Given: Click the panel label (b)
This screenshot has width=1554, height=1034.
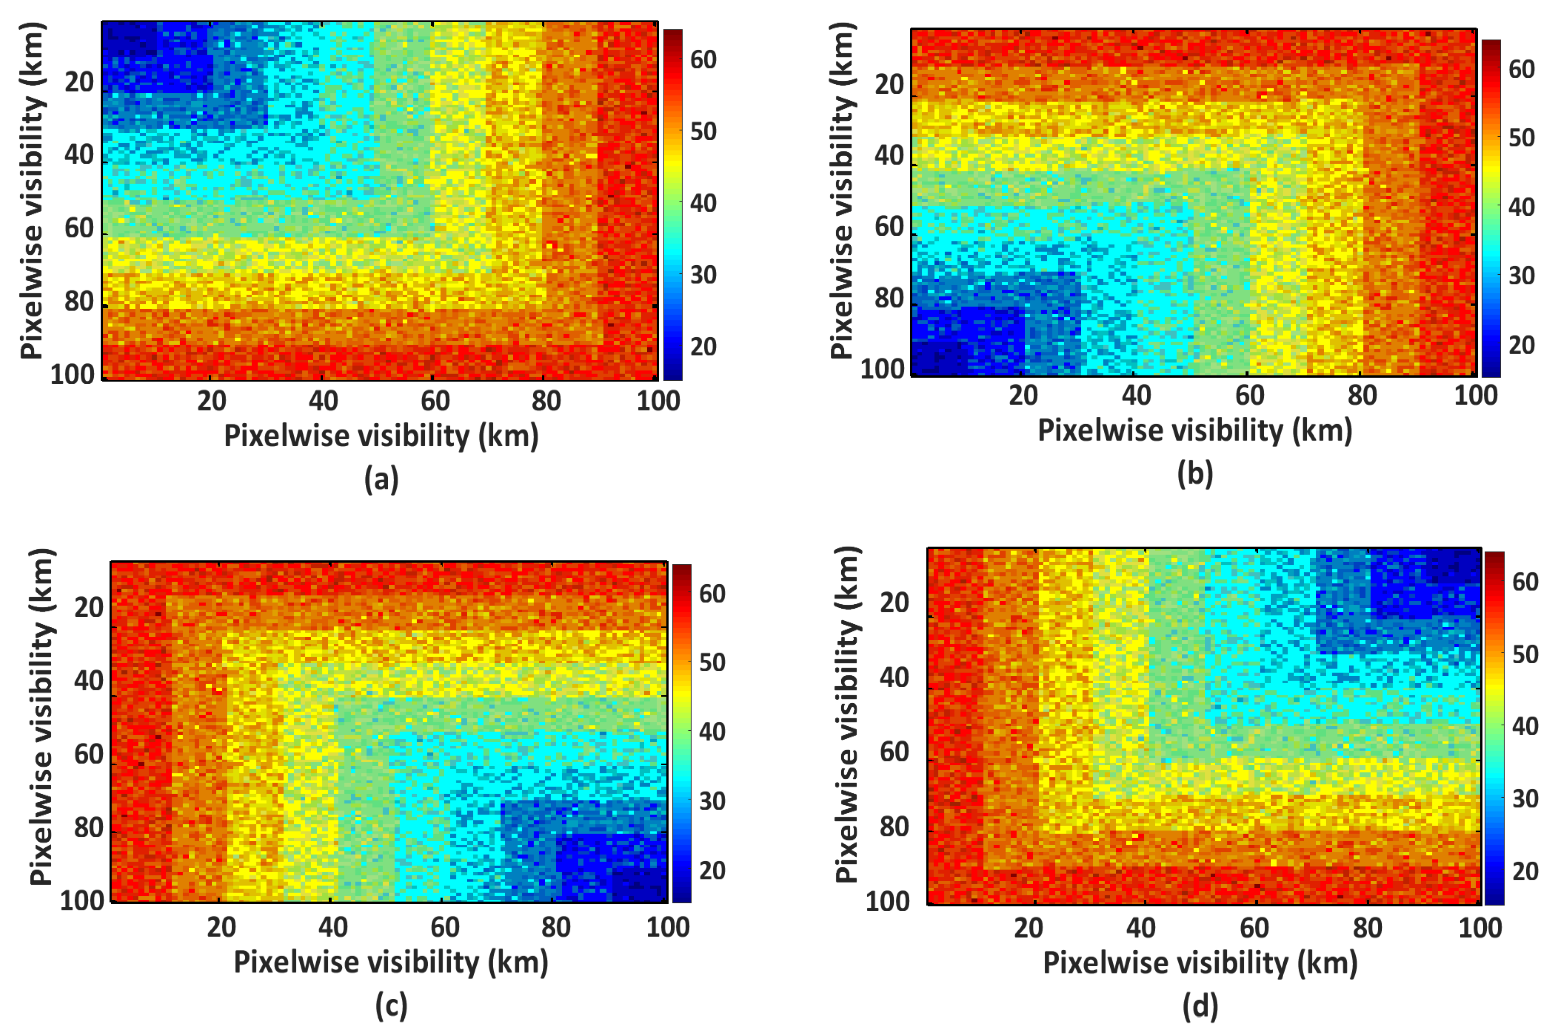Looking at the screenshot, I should [1194, 474].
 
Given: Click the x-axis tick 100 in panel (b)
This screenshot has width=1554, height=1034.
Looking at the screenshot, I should [1475, 395].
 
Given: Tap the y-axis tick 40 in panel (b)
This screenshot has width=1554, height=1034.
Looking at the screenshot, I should [889, 156].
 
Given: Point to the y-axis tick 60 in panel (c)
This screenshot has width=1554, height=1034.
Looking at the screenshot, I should [89, 754].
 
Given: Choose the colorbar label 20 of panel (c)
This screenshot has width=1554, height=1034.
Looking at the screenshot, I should [712, 870].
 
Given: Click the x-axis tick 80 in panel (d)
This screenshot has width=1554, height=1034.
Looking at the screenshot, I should [1367, 928].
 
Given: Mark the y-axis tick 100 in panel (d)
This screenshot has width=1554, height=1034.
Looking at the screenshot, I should [887, 901].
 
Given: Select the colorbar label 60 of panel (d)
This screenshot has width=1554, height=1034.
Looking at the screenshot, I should [1525, 582].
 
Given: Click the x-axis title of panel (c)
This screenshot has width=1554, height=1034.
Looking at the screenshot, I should [391, 962].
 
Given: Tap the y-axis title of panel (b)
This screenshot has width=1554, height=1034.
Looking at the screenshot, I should [842, 191].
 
